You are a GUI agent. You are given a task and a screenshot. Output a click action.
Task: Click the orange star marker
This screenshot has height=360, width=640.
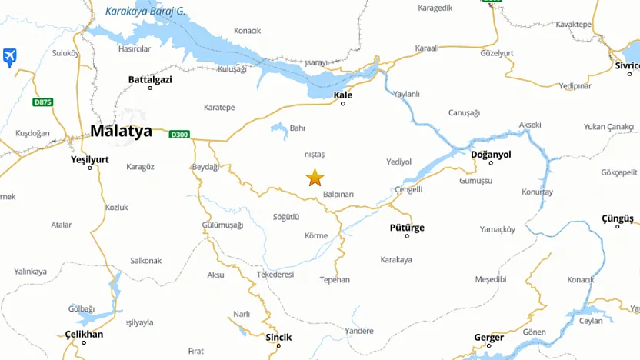(315, 178)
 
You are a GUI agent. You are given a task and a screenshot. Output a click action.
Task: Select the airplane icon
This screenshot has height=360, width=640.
(9, 57)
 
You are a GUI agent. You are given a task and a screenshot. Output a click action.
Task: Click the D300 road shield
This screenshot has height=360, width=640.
(179, 135)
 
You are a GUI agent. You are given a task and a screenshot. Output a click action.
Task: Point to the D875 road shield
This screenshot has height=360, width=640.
(43, 102)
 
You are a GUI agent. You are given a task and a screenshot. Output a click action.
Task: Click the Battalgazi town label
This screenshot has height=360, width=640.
(150, 79)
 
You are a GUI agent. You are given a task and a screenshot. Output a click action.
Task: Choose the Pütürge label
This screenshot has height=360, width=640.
(407, 228)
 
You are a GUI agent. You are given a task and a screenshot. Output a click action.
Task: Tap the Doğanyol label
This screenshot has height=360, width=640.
(491, 155)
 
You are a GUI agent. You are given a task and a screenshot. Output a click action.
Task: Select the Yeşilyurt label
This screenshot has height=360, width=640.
(90, 159)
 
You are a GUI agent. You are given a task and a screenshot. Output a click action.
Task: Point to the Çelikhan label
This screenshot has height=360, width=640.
(84, 334)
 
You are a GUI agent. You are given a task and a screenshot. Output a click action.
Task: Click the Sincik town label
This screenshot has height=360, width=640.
(278, 337)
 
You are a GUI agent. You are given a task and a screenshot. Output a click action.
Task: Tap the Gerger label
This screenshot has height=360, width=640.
(488, 338)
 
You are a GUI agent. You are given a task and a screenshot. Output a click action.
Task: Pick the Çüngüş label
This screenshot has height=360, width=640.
(617, 219)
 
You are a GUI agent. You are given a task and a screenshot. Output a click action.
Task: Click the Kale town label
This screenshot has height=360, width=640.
(343, 95)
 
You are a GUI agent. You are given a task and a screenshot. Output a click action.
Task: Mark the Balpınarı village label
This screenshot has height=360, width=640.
(338, 195)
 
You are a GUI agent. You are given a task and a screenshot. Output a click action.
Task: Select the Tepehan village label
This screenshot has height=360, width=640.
(335, 280)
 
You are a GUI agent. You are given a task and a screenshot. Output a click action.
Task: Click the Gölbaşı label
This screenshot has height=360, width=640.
(81, 308)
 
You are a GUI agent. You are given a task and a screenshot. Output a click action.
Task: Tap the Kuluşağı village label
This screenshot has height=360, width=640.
(232, 69)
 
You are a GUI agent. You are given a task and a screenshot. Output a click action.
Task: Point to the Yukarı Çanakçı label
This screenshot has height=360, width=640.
(608, 126)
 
